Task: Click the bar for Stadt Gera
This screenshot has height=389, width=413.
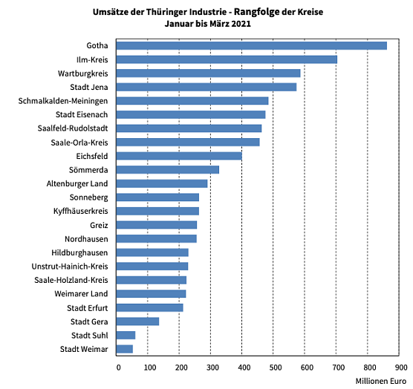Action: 138,321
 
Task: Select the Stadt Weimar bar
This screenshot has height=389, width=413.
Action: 126,349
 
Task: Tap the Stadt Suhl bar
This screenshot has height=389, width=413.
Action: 126,335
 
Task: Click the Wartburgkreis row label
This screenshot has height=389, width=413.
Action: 83,73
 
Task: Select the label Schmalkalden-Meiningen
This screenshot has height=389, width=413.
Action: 63,101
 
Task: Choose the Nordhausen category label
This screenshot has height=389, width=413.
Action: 85,239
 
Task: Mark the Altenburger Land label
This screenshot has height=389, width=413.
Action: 77,183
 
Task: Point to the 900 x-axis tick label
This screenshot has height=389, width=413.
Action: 399,367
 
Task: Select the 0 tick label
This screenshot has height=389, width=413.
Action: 117,367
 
